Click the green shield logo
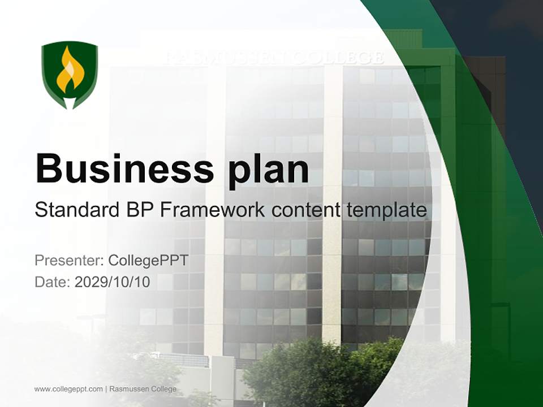click(x=70, y=75)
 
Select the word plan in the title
click(x=268, y=171)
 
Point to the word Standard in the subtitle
click(x=77, y=210)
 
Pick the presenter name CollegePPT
click(x=148, y=261)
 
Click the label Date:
click(x=53, y=282)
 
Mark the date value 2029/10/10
click(x=112, y=282)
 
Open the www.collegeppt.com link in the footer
click(x=68, y=389)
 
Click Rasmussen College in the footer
click(x=143, y=389)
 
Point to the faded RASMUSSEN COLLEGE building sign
click(x=275, y=58)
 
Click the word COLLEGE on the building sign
click(x=339, y=58)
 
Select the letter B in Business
click(x=49, y=168)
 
